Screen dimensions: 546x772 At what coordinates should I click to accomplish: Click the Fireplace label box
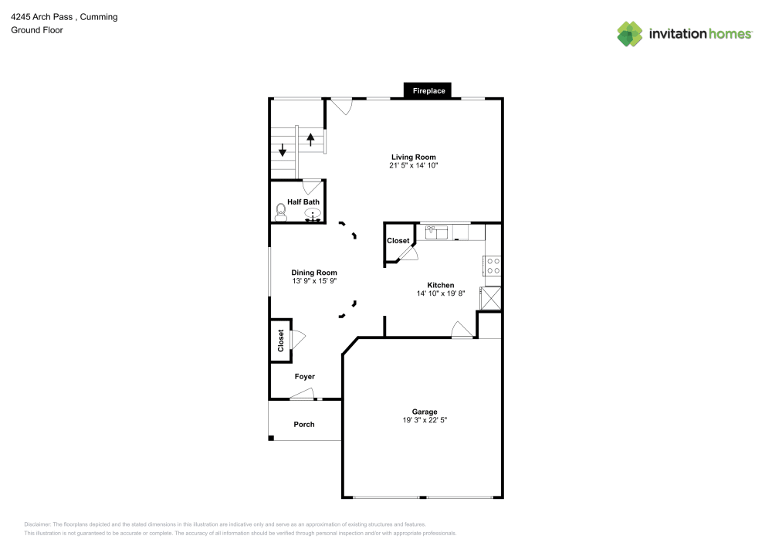[x=428, y=91]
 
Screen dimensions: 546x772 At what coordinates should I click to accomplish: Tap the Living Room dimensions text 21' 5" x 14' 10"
[x=415, y=165]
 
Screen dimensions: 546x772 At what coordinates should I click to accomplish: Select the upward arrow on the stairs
[x=311, y=140]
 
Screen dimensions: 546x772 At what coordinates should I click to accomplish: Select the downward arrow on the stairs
[x=283, y=151]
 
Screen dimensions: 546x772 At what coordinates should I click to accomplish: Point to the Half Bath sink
[x=313, y=214]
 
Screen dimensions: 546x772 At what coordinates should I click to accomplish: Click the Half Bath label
[x=303, y=202]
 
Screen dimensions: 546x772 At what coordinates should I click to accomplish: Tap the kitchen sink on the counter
[x=438, y=232]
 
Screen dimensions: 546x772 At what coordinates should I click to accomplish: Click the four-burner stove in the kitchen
[x=493, y=266]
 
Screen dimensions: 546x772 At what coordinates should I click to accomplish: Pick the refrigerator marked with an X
[x=490, y=298]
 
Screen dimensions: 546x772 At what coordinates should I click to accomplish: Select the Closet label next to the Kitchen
[x=398, y=241]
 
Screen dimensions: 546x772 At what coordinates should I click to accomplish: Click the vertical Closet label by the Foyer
[x=281, y=341]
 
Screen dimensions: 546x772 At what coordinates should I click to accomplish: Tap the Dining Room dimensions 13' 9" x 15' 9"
[x=314, y=281]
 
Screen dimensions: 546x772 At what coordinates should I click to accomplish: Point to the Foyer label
[x=305, y=376]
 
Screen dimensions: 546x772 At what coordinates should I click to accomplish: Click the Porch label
[x=304, y=424]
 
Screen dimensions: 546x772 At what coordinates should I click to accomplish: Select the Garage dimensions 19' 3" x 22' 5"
[x=425, y=420]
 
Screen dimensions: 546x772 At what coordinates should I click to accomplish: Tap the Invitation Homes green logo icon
[x=629, y=33]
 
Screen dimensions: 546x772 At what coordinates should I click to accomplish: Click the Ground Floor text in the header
[x=37, y=30]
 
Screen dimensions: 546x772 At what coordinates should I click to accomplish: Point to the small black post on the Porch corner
[x=271, y=438]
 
